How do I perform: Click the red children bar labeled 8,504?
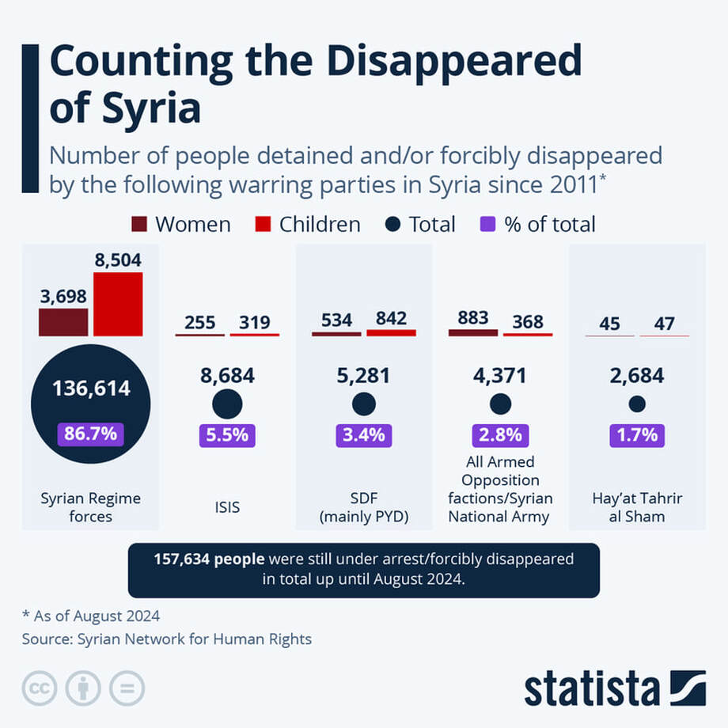coord(118,304)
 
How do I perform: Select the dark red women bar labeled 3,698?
coord(63,322)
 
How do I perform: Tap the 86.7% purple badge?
coord(90,434)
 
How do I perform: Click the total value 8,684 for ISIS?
coord(228,376)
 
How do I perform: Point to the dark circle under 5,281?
coord(364,404)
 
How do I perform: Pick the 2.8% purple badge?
coord(500,435)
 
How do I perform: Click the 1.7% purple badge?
coord(637,435)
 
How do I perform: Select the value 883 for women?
coord(473,318)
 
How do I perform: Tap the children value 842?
coord(392,318)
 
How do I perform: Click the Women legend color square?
coord(139,224)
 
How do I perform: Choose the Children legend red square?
coord(263,224)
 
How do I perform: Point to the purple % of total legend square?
coord(487,224)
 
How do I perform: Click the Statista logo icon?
coord(688,688)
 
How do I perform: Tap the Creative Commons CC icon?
coord(40,688)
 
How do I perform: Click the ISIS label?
coord(228,507)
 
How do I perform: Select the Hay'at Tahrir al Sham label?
coord(637,507)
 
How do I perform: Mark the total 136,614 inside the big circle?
coord(91,389)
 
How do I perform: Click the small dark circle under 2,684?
coord(637,404)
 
